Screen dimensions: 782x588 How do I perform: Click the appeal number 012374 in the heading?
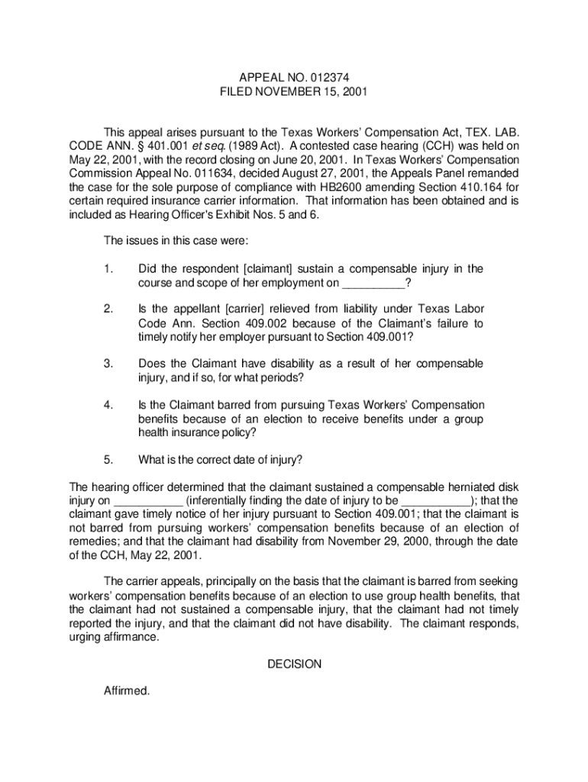pos(329,76)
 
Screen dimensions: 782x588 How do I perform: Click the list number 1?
pos(108,269)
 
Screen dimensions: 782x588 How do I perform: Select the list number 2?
pos(108,309)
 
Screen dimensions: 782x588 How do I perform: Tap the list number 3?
pos(108,364)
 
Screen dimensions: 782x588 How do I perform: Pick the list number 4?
pos(108,405)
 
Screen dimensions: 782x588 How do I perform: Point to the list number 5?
pos(108,460)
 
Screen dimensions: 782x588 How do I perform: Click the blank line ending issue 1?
pos(373,284)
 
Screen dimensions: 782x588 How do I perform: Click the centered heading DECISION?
pos(294,664)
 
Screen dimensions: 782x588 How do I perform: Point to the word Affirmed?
pos(127,691)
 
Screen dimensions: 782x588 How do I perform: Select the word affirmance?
pos(129,638)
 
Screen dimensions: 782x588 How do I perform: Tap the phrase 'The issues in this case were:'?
pos(176,241)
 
